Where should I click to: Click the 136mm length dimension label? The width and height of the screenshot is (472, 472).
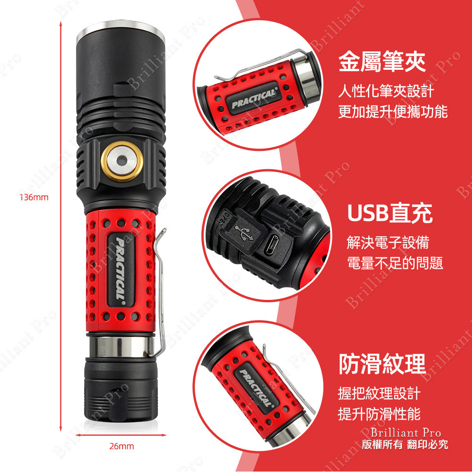pyautogui.click(x=33, y=197)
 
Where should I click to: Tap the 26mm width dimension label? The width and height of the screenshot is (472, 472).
pyautogui.click(x=121, y=446)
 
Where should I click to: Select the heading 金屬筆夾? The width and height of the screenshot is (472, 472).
pyautogui.click(x=382, y=62)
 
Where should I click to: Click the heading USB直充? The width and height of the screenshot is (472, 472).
pyautogui.click(x=389, y=214)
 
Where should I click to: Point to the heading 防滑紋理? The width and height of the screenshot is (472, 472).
pyautogui.click(x=382, y=364)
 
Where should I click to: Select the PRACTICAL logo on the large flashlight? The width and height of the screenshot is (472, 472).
pyautogui.click(x=121, y=270)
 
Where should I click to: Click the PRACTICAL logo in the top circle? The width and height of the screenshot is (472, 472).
pyautogui.click(x=253, y=98)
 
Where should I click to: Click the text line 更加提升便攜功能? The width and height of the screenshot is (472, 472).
pyautogui.click(x=393, y=112)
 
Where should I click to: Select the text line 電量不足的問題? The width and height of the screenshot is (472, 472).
pyautogui.click(x=395, y=263)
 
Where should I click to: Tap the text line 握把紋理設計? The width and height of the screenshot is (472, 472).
pyautogui.click(x=379, y=392)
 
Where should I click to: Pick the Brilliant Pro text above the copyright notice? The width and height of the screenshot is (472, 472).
pyautogui.click(x=406, y=432)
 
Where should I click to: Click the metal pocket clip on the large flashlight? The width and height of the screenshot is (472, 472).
pyautogui.click(x=161, y=292)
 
